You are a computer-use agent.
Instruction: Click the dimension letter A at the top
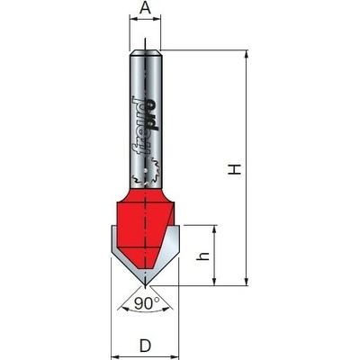[x=145, y=8]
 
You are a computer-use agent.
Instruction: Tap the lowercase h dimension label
[x=204, y=256]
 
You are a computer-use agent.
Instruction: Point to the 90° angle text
[x=147, y=303]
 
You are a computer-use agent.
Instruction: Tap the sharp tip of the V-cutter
[x=145, y=285]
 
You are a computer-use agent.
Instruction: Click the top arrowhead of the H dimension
[x=247, y=55]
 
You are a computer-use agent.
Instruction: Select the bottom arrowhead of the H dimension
[x=247, y=281]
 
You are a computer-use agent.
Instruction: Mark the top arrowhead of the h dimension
[x=214, y=229]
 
